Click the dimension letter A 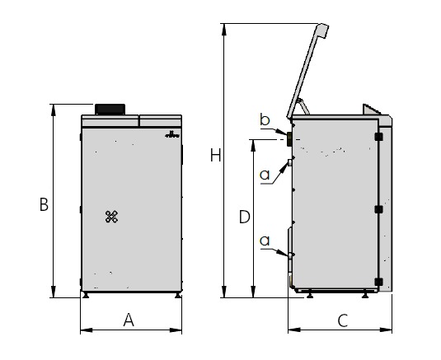[129, 320]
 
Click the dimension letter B [44, 204]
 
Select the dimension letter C [343, 320]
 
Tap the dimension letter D [245, 217]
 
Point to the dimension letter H [216, 155]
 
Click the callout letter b [265, 119]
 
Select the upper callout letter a [265, 175]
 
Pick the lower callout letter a [265, 241]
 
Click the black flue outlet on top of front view [110, 109]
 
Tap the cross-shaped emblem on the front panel [111, 217]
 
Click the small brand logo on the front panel [172, 134]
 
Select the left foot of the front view [86, 295]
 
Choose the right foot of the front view [178, 295]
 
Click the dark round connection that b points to [289, 139]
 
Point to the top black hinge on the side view [379, 137]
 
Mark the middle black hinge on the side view [379, 209]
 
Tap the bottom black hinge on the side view [379, 282]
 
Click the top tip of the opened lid [323, 24]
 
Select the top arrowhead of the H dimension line [224, 29]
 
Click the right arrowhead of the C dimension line [386, 330]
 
